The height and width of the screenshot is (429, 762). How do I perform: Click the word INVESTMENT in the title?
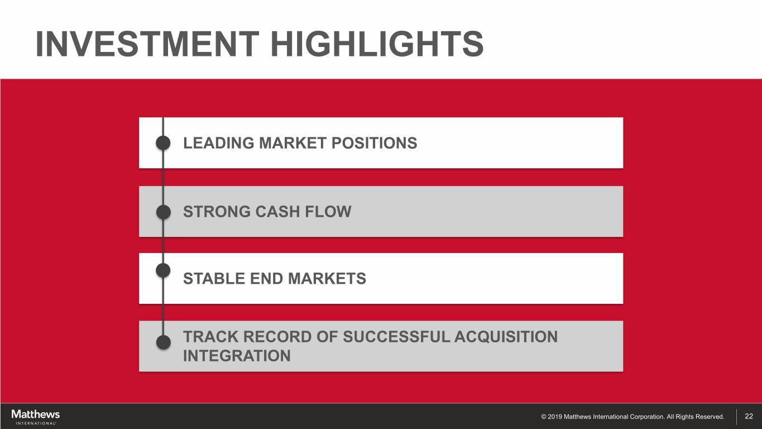(x=147, y=44)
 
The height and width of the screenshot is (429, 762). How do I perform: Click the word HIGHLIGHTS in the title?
(x=377, y=44)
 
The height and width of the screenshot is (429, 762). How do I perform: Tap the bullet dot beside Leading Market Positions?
(x=163, y=143)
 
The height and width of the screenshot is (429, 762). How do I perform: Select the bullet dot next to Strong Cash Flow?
(x=163, y=212)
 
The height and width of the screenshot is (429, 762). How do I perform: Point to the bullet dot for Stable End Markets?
(x=163, y=271)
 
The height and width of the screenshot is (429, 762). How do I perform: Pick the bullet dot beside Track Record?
(x=163, y=342)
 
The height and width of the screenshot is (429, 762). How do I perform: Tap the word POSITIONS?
(x=374, y=143)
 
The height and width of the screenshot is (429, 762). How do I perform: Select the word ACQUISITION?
(x=506, y=337)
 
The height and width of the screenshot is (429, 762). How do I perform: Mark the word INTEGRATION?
(x=237, y=356)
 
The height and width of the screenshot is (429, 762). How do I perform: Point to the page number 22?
(x=749, y=416)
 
